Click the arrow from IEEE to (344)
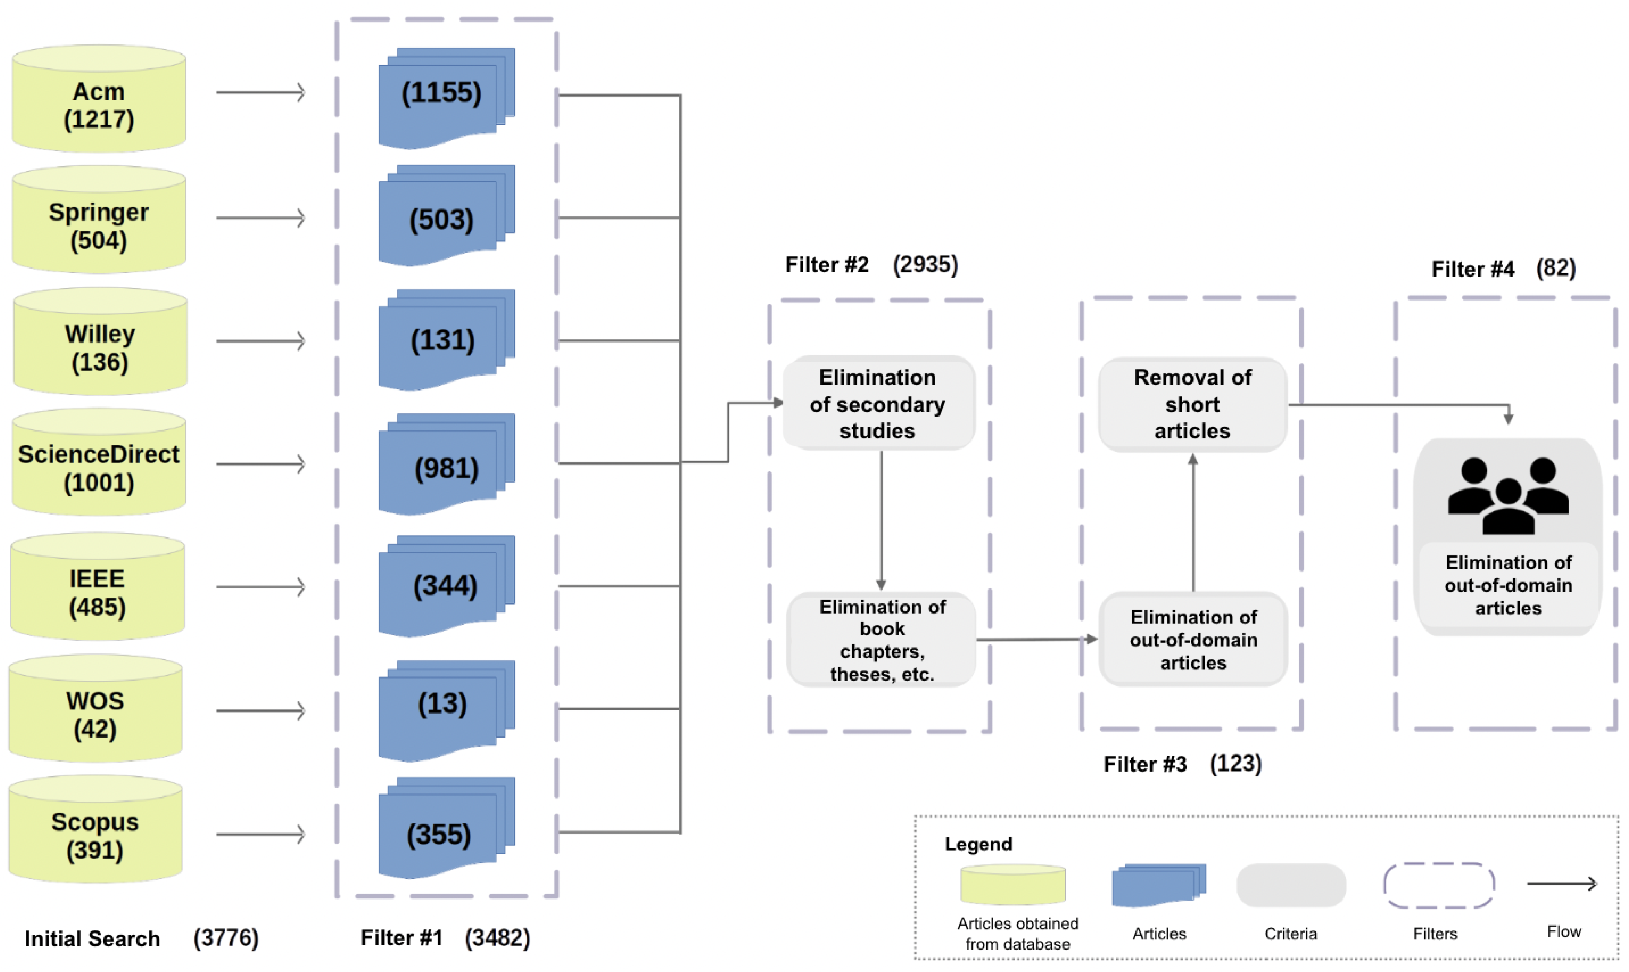pos(261,587)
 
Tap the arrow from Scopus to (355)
pos(261,834)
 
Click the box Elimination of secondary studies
pos(878,404)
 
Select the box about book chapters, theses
pos(881,640)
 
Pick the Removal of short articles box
pos(1192,404)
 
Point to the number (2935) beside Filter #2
pos(925,265)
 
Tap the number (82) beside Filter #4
pos(1556,269)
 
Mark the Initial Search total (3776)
pos(226,938)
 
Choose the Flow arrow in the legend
pos(1562,883)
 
